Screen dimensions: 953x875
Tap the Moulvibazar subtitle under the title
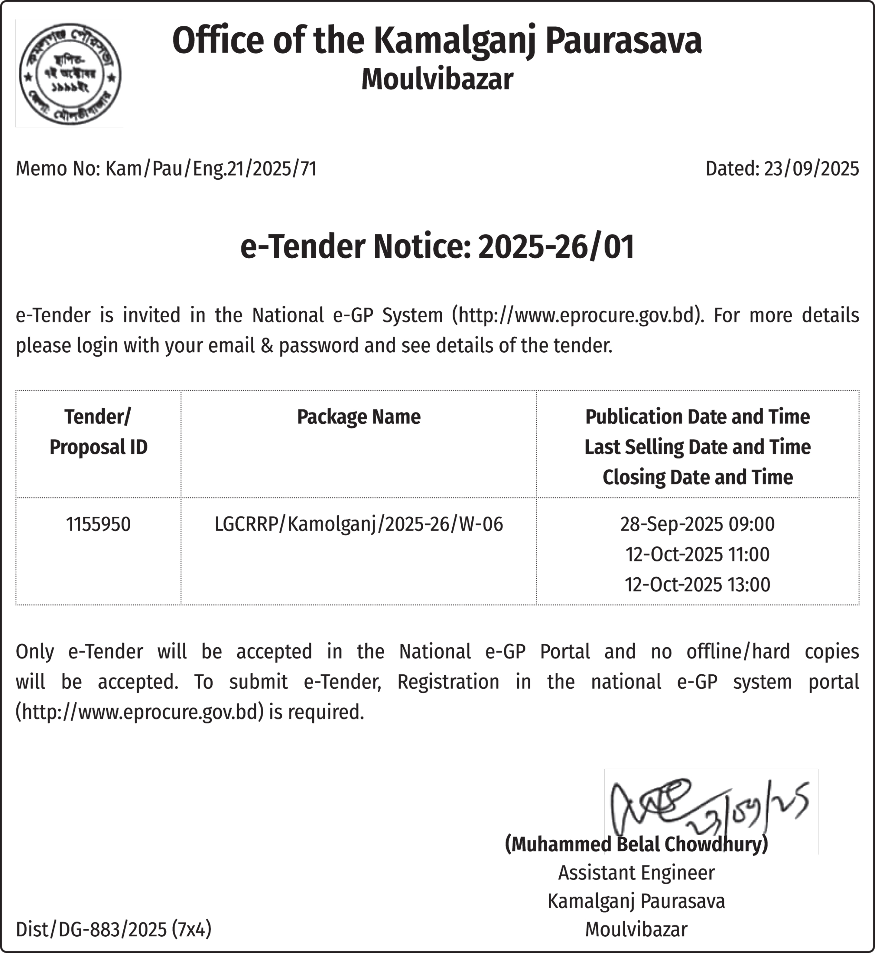pos(437,79)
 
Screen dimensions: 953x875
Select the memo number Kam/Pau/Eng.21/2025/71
pos(211,169)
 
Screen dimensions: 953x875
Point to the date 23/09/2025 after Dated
pos(811,169)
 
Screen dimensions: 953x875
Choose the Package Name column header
pos(358,417)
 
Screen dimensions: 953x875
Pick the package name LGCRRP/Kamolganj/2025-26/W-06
pos(358,524)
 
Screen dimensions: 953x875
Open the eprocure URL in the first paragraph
pos(576,315)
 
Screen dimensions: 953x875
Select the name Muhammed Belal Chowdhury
pos(636,844)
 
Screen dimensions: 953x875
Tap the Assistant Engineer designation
pos(636,873)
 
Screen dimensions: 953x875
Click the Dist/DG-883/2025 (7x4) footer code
pos(114,929)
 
